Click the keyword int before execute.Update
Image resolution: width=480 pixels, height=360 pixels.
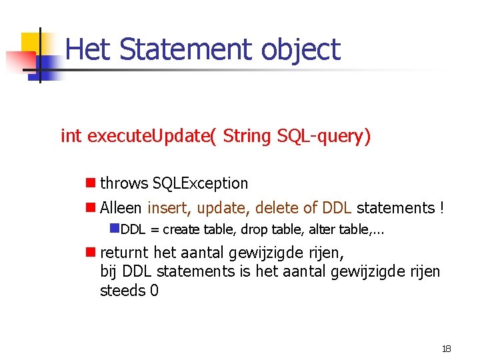tap(71, 136)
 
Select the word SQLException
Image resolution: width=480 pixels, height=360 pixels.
tap(200, 183)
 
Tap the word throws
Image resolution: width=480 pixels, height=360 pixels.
tap(124, 183)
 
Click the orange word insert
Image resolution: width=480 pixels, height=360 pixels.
tap(169, 208)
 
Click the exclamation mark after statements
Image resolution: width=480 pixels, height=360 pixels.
tap(441, 208)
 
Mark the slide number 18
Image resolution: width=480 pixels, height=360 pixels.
tap(446, 349)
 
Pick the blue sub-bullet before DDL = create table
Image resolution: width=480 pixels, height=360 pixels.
tap(114, 229)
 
